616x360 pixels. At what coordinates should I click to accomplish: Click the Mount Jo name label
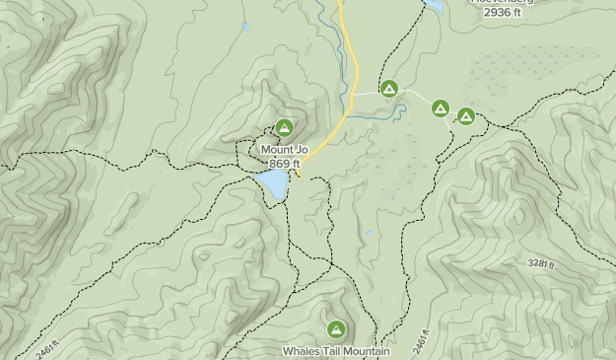284,150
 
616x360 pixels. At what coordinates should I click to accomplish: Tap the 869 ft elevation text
284,163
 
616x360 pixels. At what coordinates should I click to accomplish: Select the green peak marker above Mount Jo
284,127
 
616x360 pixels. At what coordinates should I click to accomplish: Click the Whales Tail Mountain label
336,350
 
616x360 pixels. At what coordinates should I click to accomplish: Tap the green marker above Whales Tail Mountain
335,329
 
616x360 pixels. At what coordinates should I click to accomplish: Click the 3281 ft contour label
542,263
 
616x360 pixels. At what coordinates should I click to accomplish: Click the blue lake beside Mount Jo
273,183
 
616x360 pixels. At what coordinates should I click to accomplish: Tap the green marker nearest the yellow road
389,90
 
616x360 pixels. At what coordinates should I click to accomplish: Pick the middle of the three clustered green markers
440,108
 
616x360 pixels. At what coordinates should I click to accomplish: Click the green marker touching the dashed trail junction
466,116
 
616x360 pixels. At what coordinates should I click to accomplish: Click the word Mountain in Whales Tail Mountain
365,350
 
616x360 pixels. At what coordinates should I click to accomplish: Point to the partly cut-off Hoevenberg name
503,2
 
